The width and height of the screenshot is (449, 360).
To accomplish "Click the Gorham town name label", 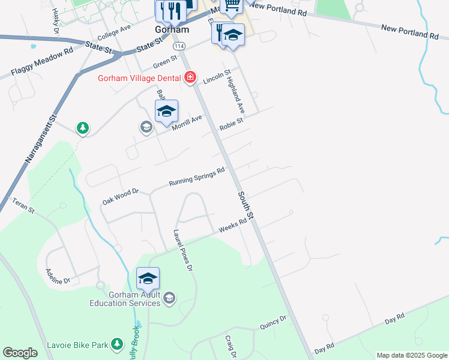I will click(x=172, y=29).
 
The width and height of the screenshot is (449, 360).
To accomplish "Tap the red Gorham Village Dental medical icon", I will click(x=190, y=76).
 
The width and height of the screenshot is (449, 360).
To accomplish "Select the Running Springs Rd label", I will click(x=196, y=176).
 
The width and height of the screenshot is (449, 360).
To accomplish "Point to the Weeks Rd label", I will click(x=233, y=225).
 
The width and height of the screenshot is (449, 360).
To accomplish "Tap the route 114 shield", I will click(x=179, y=46).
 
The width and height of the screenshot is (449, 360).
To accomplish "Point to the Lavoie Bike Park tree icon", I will click(x=118, y=343).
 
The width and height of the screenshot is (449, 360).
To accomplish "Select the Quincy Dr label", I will click(x=273, y=322).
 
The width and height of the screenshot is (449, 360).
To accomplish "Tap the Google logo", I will click(x=20, y=353).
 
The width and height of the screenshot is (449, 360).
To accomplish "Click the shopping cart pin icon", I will click(x=231, y=5).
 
